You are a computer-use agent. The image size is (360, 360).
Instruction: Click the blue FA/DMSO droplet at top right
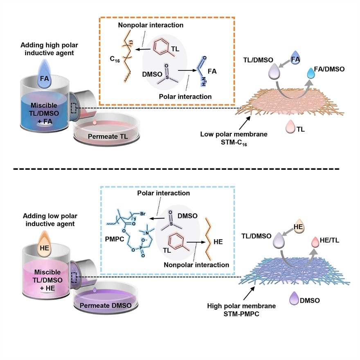(x=312, y=75)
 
